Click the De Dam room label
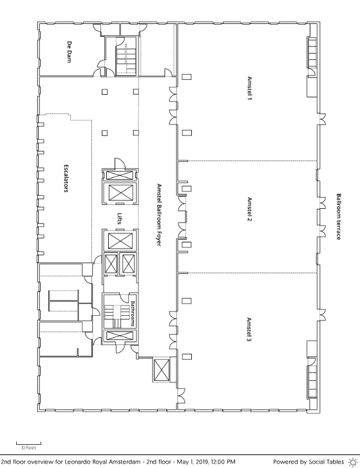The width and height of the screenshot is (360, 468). coord(69,52)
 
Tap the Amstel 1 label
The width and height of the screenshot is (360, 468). coord(250,88)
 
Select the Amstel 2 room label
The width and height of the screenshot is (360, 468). coord(250,209)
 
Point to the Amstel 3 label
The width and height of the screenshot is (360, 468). coord(249,329)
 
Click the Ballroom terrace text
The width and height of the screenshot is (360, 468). coord(339,217)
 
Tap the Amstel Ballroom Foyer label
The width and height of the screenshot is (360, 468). coord(159,215)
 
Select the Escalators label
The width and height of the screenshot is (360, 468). coord(66,178)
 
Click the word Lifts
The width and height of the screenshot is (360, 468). coord(120,219)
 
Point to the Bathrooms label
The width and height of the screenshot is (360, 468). coord(133,313)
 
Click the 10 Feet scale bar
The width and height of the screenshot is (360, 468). coord(28,444)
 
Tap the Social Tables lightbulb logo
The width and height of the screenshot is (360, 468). coord(353,462)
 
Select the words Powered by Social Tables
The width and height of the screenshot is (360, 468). coord(308,462)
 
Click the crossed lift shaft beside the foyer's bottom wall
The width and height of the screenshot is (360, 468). coord(162,370)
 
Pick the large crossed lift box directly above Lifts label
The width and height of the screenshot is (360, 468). coord(121,193)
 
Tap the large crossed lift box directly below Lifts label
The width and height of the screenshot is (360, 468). coord(120,241)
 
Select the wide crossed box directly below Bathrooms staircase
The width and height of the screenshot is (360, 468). coord(118,336)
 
